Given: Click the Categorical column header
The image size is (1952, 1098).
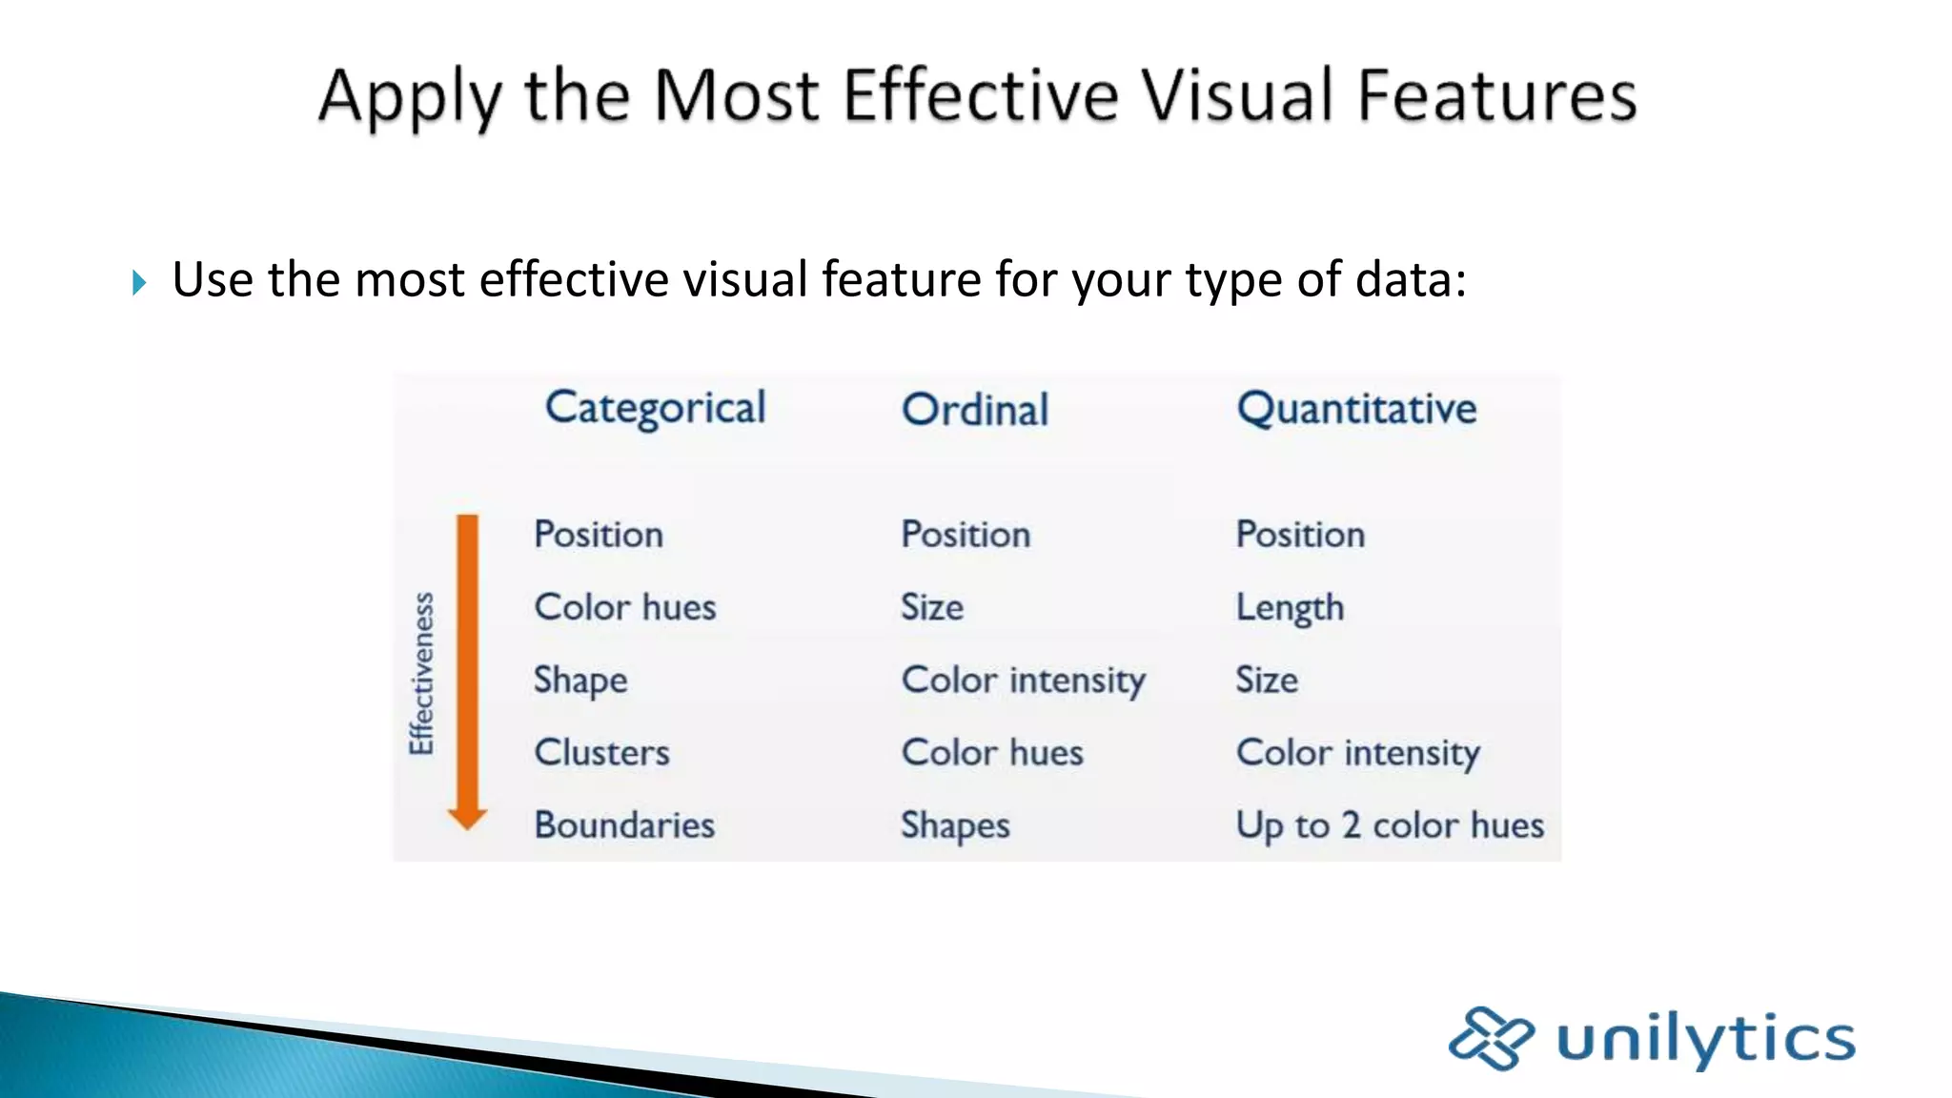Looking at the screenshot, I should [655, 409].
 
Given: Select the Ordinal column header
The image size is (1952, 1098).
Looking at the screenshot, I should [975, 410].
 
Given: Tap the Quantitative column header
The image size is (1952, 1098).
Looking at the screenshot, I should [1356, 410].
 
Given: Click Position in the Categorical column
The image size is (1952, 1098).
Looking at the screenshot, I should [599, 535].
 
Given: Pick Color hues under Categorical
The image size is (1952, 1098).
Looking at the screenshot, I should [625, 607].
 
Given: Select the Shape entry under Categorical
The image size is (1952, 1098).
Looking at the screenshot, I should [580, 681].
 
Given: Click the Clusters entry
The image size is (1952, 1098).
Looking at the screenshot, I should [601, 753].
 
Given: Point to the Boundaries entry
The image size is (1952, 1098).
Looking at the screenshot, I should [624, 825].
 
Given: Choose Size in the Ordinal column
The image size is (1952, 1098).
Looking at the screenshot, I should [932, 607].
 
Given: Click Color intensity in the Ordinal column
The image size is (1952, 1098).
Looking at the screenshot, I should [1024, 681].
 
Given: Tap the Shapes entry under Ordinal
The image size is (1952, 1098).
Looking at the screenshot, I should [955, 825].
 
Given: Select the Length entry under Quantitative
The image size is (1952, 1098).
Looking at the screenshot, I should [1290, 608].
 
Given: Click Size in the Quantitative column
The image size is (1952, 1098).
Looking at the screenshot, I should [1267, 681].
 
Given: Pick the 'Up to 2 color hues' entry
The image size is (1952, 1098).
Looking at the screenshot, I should [1390, 825].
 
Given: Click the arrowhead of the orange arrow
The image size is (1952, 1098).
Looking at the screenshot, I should [467, 818].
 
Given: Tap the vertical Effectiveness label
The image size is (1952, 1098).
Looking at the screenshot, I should [421, 673].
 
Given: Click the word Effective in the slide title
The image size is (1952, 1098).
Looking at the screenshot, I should [980, 95].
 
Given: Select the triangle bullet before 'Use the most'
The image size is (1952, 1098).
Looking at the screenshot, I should [139, 282].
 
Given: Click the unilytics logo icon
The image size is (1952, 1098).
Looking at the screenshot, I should [1490, 1038].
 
